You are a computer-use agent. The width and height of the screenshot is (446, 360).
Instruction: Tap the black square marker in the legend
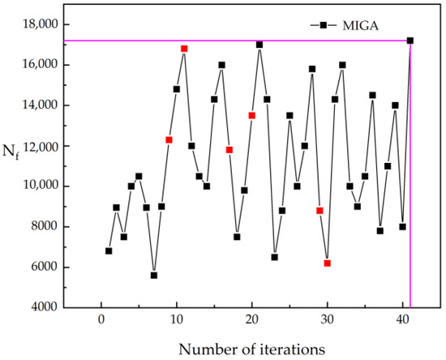[322, 25]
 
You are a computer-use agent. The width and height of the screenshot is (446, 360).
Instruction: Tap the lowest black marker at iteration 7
[154, 275]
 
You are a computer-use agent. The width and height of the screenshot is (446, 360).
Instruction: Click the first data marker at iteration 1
[109, 251]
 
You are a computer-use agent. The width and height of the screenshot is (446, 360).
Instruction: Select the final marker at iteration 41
[410, 41]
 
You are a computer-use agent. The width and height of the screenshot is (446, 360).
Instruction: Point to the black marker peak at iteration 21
[259, 45]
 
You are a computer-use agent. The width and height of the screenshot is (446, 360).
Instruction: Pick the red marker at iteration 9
[169, 139]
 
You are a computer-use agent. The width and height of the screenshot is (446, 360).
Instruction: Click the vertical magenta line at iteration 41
[411, 203]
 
